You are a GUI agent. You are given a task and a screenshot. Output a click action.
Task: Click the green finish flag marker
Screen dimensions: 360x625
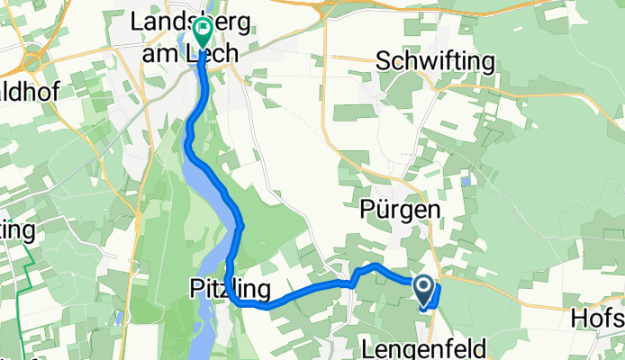tap(202, 32)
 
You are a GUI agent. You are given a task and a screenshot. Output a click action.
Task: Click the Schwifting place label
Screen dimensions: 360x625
tap(436, 61)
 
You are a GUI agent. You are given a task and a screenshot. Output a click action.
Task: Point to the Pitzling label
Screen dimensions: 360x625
tap(231, 289)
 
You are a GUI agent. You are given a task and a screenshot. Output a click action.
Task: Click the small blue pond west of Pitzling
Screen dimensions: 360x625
tap(118, 317)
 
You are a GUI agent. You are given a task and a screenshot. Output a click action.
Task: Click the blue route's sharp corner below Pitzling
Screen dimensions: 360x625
tap(241, 304)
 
